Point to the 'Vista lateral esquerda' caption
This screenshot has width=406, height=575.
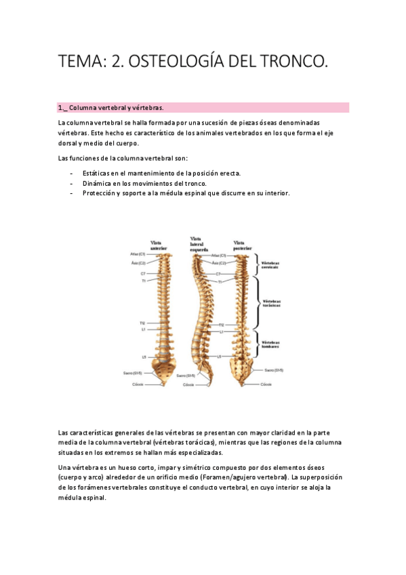199,243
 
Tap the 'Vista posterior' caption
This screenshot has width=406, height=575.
243,244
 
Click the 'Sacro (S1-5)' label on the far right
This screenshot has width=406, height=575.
274,370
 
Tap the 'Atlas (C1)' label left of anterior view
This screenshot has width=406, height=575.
138,254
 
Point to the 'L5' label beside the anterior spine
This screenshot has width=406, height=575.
144,357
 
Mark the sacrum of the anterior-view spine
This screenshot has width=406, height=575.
163,370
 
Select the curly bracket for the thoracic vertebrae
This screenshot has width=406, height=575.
258,303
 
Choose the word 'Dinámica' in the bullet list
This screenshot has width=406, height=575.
98,183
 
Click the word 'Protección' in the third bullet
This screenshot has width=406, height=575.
100,193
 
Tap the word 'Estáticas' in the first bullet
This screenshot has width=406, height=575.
98,173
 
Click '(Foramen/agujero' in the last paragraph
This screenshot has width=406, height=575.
265,477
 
